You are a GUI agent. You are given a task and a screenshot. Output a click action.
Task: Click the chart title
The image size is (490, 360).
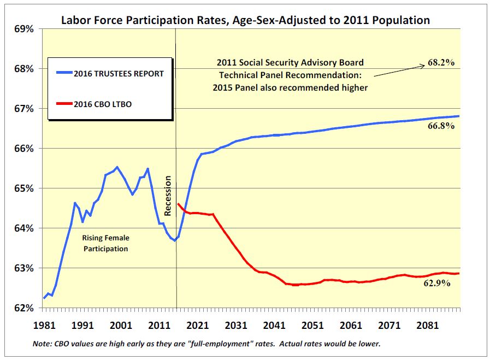(245, 20)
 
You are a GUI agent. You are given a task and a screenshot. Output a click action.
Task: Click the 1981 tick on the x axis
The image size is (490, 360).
(44, 325)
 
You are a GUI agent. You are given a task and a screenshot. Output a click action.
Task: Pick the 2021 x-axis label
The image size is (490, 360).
(197, 325)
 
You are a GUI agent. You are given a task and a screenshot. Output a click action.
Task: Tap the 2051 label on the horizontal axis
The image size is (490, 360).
(312, 325)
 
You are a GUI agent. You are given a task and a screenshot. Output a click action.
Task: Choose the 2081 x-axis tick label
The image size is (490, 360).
(427, 325)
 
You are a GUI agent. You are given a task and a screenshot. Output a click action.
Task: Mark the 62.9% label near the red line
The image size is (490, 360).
(437, 283)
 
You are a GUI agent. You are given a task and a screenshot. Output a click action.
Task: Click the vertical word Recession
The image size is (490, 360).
(168, 195)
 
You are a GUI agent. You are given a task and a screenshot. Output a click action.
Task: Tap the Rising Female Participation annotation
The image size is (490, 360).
(105, 244)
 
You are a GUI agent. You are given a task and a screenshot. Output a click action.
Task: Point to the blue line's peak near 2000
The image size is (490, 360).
(117, 167)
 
